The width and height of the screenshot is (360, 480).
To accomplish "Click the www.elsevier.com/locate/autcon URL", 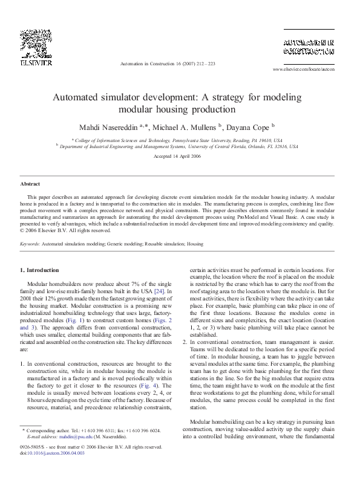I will coord(304,70).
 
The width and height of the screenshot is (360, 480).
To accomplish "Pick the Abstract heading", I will coord(30,183).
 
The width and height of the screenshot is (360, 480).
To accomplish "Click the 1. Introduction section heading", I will coord(40,270).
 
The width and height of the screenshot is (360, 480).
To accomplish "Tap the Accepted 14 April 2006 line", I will coord(179,156).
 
